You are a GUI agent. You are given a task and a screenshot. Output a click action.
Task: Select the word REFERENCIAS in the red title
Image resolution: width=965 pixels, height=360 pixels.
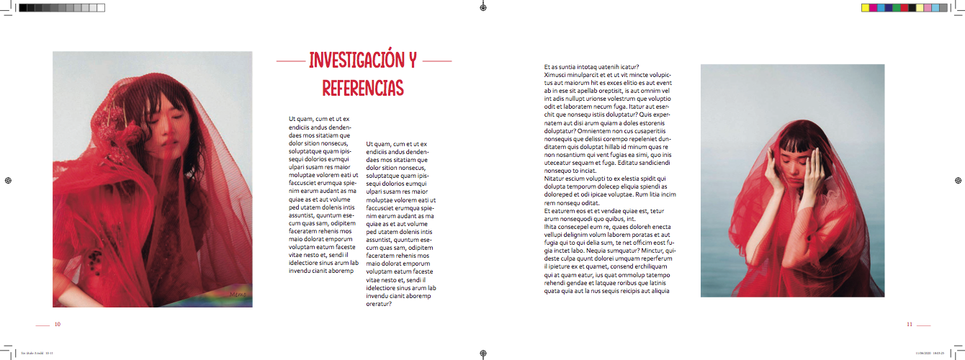click(363, 88)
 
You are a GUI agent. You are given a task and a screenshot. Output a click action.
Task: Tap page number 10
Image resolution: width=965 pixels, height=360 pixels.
click(57, 324)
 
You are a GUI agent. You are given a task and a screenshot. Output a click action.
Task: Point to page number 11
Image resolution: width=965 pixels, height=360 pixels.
click(909, 324)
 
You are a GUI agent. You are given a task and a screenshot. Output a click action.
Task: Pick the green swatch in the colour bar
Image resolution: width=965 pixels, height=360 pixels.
click(896, 7)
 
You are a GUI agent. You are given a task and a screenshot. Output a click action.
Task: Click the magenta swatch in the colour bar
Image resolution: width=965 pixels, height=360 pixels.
click(873, 7)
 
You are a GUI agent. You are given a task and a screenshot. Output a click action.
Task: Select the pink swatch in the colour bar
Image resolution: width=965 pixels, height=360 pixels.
click(927, 7)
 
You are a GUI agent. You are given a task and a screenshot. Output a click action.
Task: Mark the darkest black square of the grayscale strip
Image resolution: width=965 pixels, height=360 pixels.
click(24, 7)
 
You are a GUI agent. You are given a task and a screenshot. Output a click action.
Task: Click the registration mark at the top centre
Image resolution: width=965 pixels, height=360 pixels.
click(482, 7)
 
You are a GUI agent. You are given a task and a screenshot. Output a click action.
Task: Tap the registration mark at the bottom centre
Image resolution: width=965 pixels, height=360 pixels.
click(482, 354)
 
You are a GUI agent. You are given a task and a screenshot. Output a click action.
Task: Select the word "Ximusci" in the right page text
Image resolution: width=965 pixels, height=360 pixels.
click(555, 74)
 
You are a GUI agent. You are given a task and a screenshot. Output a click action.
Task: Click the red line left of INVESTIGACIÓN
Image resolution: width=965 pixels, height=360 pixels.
click(291, 62)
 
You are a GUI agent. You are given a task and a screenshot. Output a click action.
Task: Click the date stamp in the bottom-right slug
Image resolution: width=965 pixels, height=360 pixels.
click(930, 354)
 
